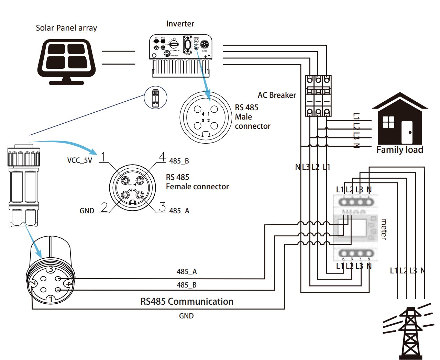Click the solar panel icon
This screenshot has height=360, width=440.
pos(66,61)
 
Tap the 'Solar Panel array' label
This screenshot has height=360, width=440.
pos(66,28)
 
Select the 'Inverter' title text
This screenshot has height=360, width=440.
pos(180,24)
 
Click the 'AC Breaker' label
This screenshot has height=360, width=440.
pos(277,95)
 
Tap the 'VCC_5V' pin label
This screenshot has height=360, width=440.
pos(80,160)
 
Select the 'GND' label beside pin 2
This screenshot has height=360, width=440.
pos(87,211)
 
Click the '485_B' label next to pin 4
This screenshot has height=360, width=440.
pos(179,161)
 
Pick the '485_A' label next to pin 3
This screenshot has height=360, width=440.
pos(179,211)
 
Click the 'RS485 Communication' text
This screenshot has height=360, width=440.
pos(187,302)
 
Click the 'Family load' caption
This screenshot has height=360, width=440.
pos(400,150)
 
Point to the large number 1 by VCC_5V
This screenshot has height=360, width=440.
pos(102,158)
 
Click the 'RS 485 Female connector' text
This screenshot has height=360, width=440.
pos(197,182)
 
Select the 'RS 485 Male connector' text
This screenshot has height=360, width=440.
pos(252,117)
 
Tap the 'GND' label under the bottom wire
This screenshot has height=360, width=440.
pos(186,316)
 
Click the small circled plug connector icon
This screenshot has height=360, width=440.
pos(155,98)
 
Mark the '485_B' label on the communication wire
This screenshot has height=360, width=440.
pos(187,285)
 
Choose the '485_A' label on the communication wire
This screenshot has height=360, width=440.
pos(187,272)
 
